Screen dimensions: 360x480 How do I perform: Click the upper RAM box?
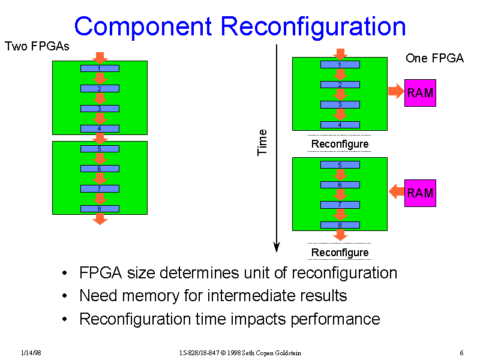(x=420, y=93)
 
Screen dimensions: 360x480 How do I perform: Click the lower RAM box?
(x=420, y=193)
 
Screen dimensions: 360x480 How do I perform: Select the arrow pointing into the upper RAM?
(x=396, y=92)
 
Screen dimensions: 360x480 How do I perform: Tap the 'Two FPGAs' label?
(x=37, y=46)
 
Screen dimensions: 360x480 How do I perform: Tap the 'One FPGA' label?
(x=434, y=58)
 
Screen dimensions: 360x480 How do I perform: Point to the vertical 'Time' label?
(x=262, y=142)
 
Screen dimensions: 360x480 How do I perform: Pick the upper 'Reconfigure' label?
(x=340, y=144)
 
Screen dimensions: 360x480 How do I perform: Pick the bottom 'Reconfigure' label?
(x=340, y=252)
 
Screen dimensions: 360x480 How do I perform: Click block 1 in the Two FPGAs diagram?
(x=100, y=68)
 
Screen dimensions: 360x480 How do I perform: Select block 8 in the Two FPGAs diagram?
(x=100, y=209)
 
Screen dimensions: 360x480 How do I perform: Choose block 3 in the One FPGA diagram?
(x=340, y=104)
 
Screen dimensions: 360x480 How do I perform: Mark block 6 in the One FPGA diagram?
(x=340, y=185)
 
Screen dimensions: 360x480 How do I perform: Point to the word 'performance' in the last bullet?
(x=335, y=319)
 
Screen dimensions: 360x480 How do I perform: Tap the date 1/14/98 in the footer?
(x=30, y=352)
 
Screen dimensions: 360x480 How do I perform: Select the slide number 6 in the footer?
(x=461, y=352)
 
